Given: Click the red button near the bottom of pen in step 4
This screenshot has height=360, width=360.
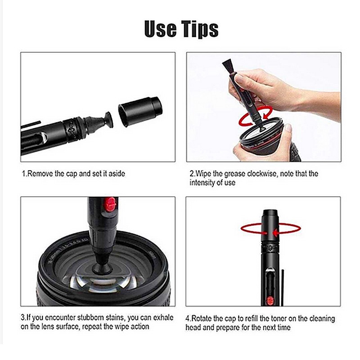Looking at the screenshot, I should point(270,300).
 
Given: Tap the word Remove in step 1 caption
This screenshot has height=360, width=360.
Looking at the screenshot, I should point(40,174).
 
